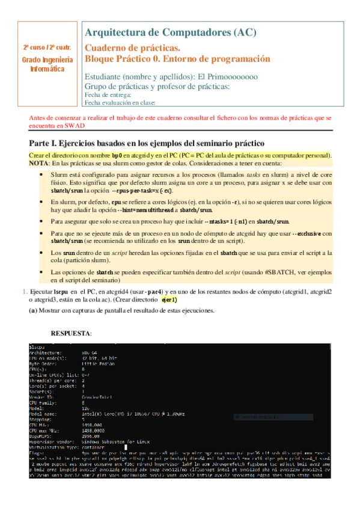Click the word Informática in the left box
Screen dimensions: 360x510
(x=47, y=69)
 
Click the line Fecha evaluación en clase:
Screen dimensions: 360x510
(x=120, y=103)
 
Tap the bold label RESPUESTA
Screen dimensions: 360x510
(x=72, y=333)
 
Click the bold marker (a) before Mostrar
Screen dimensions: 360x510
(x=34, y=310)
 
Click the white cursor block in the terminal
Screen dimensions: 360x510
(x=125, y=447)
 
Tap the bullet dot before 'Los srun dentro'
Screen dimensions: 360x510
(x=39, y=254)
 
